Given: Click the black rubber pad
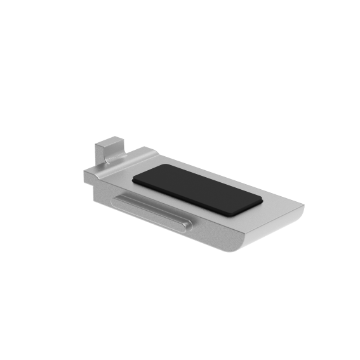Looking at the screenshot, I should point(197,190).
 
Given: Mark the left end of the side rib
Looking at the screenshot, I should point(117,198).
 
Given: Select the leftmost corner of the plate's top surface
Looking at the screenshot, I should point(84,171).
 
